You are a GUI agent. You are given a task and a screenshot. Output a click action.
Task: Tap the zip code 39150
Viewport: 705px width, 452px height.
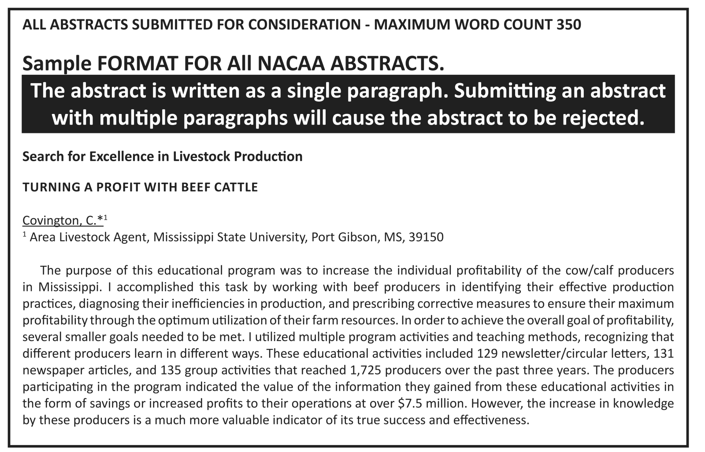point(426,237)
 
